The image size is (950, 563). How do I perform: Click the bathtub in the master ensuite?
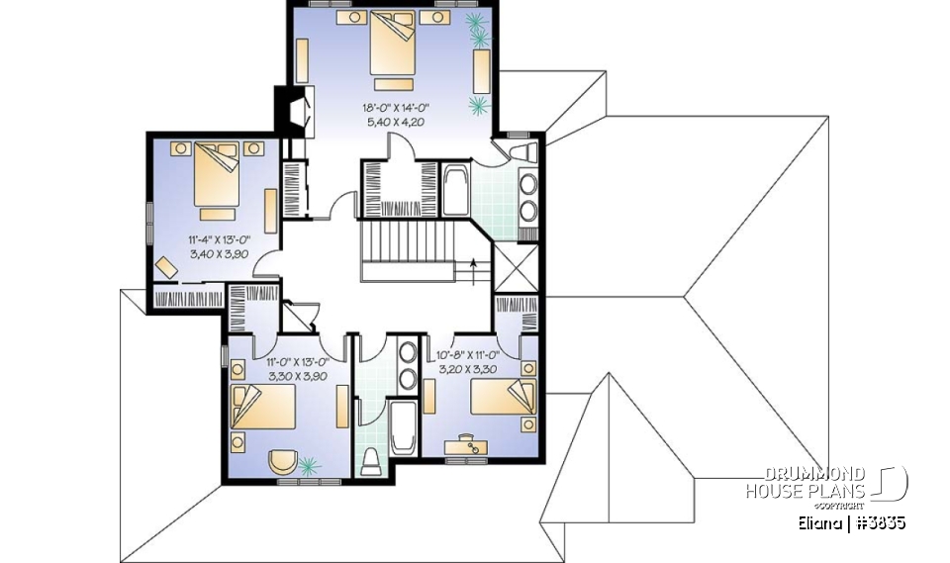pyautogui.click(x=456, y=191)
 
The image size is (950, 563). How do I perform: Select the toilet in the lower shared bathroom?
pyautogui.click(x=372, y=461)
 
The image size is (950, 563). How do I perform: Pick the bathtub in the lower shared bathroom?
pyautogui.click(x=404, y=427)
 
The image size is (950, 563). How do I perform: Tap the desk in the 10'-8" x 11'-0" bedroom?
pyautogui.click(x=465, y=446)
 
